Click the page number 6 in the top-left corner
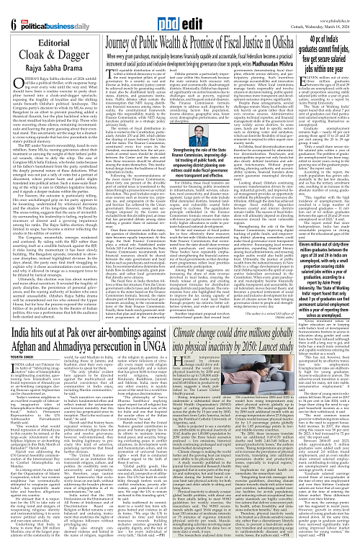click(x=7, y=8)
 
